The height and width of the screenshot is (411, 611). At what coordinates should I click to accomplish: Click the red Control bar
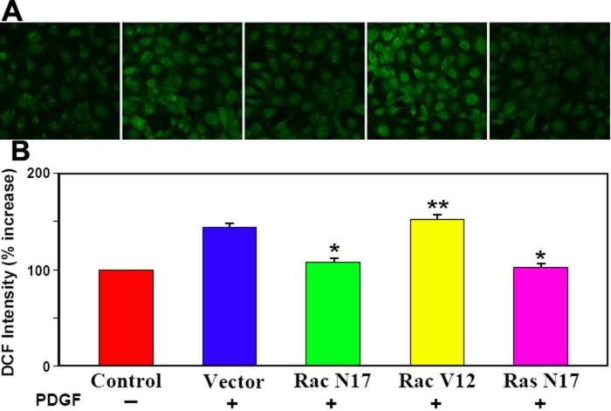coord(126,318)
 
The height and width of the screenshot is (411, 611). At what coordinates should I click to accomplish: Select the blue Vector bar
coord(230,297)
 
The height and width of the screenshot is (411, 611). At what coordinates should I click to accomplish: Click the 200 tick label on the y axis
coord(37,173)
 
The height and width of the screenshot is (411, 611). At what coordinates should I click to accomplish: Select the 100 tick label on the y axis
coord(37,270)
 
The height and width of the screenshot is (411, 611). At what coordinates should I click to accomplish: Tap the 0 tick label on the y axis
coord(45,366)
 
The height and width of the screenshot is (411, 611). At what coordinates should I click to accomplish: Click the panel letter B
coord(15,154)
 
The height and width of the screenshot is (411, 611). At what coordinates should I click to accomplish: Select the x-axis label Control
coord(126,381)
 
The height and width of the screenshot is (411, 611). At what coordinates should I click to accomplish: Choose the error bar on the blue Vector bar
coord(230,224)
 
